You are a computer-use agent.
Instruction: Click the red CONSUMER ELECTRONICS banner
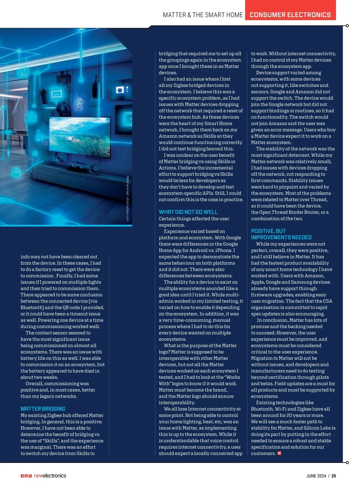pyautogui.click(x=290, y=15)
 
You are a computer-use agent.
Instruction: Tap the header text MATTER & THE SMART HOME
pyautogui.click(x=203, y=15)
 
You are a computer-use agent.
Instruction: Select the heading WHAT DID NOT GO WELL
pyautogui.click(x=188, y=212)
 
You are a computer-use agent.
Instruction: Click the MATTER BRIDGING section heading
pyautogui.click(x=43, y=409)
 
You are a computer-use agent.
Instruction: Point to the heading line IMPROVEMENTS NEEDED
pyautogui.click(x=281, y=237)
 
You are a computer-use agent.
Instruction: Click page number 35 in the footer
pyautogui.click(x=334, y=476)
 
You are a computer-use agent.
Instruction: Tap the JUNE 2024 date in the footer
pyautogui.click(x=316, y=476)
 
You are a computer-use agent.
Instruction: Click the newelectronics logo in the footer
pyautogui.click(x=50, y=476)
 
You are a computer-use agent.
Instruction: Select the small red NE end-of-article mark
pyautogui.click(x=279, y=453)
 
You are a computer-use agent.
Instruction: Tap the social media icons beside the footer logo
pyautogui.click(x=26, y=476)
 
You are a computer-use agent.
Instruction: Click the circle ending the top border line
pyautogui.click(x=347, y=26)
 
